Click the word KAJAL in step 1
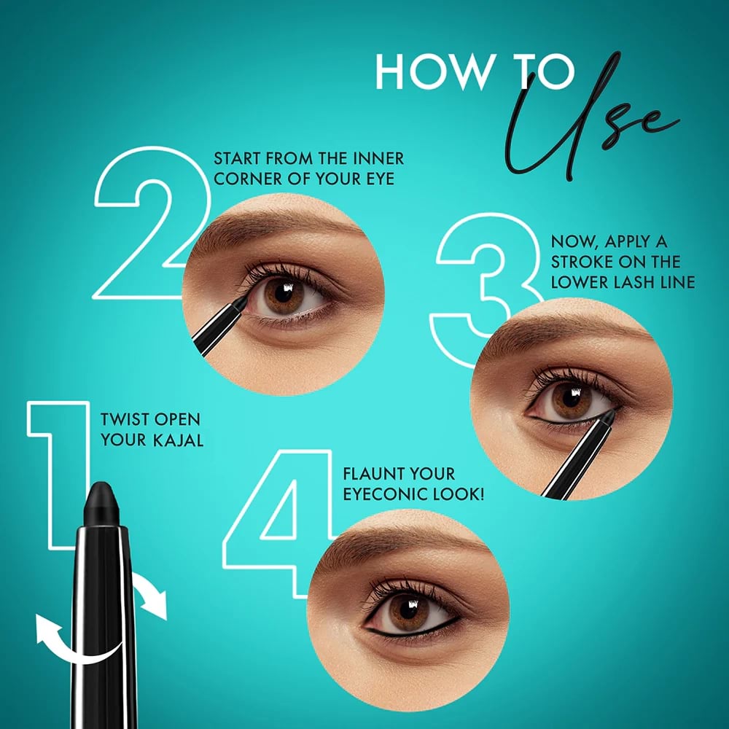(179, 440)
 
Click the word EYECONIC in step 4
(386, 494)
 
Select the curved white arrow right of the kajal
(149, 595)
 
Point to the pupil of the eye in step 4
(409, 609)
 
